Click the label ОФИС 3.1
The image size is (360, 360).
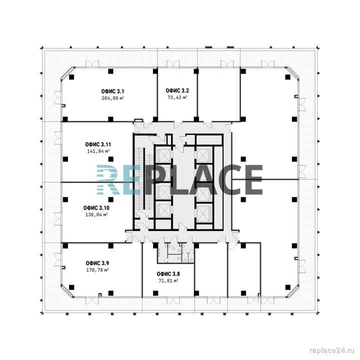pyautogui.click(x=112, y=91)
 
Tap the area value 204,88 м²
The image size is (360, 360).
pyautogui.click(x=113, y=98)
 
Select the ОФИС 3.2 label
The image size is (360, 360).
pyautogui.click(x=177, y=90)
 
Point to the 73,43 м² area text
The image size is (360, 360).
pyautogui.click(x=177, y=97)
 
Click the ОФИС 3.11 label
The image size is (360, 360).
pyautogui.click(x=98, y=144)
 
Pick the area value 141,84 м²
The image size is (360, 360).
pyautogui.click(x=98, y=151)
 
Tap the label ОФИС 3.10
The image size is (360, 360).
pyautogui.click(x=96, y=208)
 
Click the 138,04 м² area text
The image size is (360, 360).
pyautogui.click(x=96, y=214)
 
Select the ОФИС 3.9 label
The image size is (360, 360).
pyautogui.click(x=97, y=263)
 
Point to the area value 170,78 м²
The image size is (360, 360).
pyautogui.click(x=97, y=270)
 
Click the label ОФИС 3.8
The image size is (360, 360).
pyautogui.click(x=168, y=274)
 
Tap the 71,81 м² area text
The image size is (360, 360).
pyautogui.click(x=168, y=280)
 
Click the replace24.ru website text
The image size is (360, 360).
pyautogui.click(x=332, y=350)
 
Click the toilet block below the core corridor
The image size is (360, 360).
pyautogui.click(x=176, y=253)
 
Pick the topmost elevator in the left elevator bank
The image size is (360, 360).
pyautogui.click(x=163, y=155)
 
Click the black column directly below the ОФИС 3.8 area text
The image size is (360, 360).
pyautogui.click(x=155, y=293)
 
